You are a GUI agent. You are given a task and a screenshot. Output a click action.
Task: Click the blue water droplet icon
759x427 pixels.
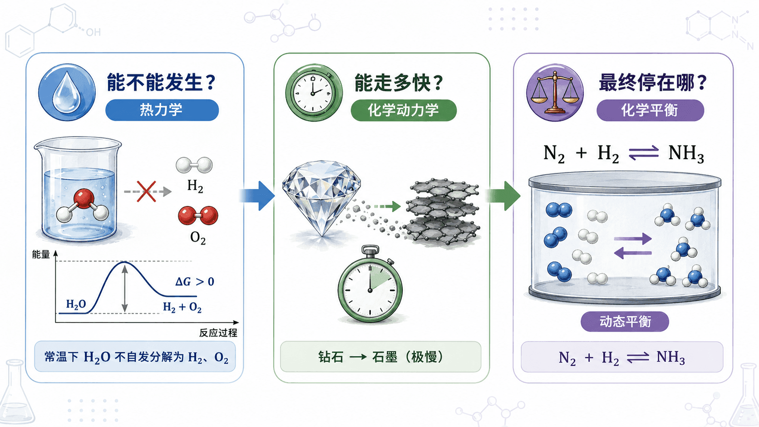[x=67, y=92]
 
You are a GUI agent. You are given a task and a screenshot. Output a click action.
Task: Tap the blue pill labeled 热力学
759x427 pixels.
[x=162, y=110]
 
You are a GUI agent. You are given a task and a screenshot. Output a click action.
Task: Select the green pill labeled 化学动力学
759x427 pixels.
[x=404, y=110]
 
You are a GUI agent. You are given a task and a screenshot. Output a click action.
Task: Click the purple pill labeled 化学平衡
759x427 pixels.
[x=650, y=110]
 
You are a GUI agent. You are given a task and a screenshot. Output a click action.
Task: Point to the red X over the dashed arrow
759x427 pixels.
[x=146, y=191]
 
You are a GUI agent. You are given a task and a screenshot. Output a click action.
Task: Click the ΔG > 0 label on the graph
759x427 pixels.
[x=195, y=281]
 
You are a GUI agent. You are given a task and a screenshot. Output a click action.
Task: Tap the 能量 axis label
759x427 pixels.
[x=41, y=255]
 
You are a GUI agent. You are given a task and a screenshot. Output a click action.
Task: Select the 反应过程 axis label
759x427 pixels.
[x=218, y=333]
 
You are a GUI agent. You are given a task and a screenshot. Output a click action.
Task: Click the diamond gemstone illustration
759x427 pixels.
[x=321, y=198]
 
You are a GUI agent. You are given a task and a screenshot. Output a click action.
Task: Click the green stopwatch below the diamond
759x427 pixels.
[x=370, y=285]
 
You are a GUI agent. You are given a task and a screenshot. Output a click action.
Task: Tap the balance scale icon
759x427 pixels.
[x=555, y=92]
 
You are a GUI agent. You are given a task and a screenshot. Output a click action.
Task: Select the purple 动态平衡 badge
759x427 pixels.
[x=625, y=321]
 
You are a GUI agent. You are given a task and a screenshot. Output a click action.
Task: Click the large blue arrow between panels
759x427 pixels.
[x=257, y=196]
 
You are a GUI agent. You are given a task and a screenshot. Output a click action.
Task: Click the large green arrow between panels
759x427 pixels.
[x=503, y=196]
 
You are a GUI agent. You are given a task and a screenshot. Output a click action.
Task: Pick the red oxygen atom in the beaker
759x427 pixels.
[x=84, y=198]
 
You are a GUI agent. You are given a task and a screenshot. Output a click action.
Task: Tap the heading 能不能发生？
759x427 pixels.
[x=161, y=82]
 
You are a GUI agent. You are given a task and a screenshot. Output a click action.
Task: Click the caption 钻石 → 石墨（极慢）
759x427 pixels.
[x=381, y=357]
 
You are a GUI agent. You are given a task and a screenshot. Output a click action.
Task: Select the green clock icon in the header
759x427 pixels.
[x=314, y=92]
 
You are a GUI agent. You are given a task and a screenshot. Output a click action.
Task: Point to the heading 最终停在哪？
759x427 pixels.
[x=653, y=82]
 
